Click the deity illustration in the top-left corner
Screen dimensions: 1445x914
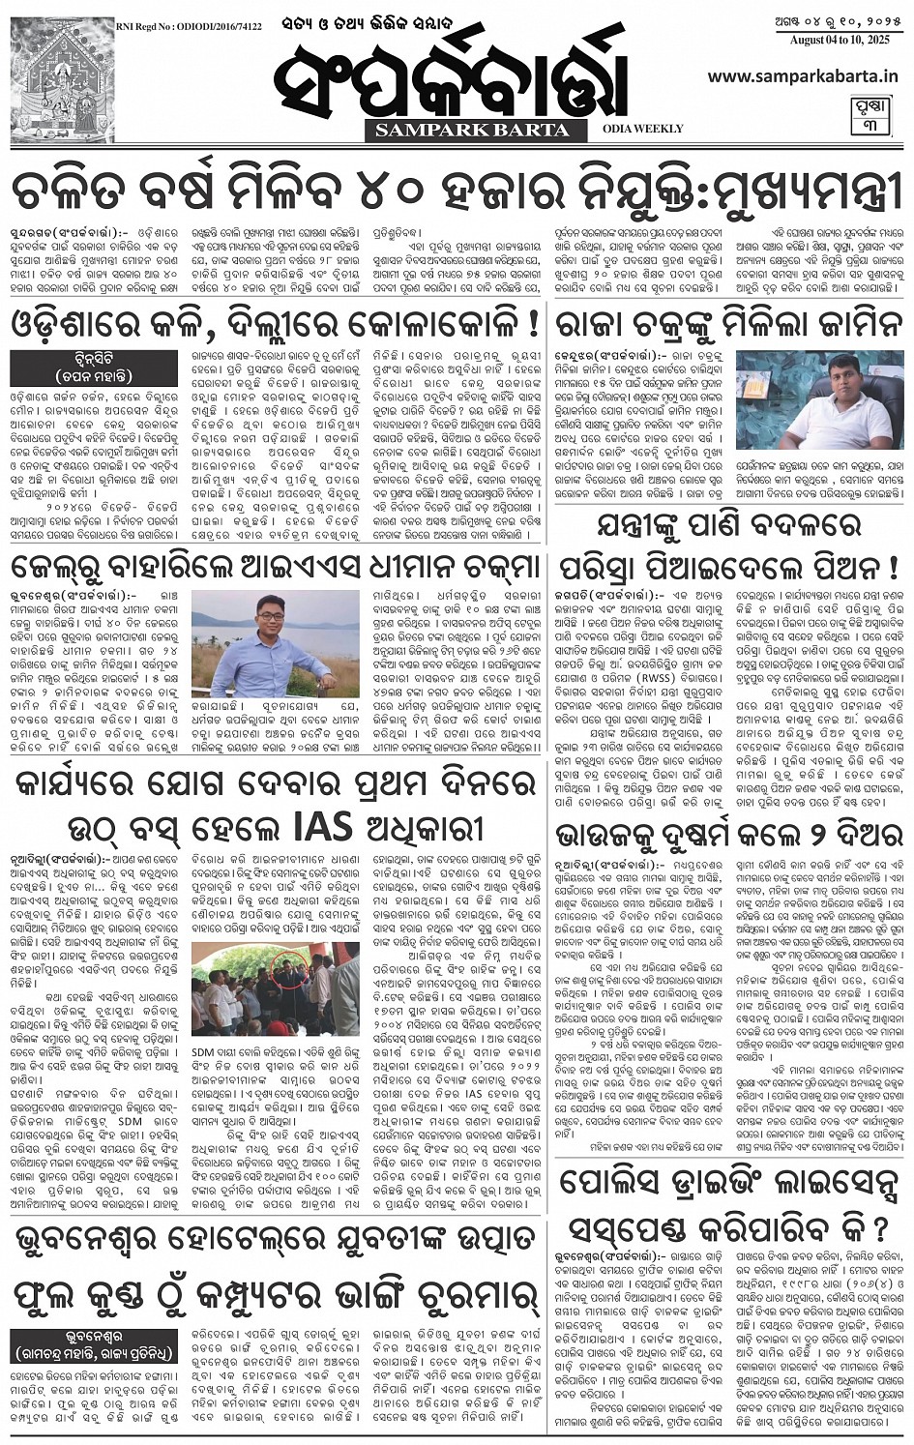(x=62, y=80)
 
